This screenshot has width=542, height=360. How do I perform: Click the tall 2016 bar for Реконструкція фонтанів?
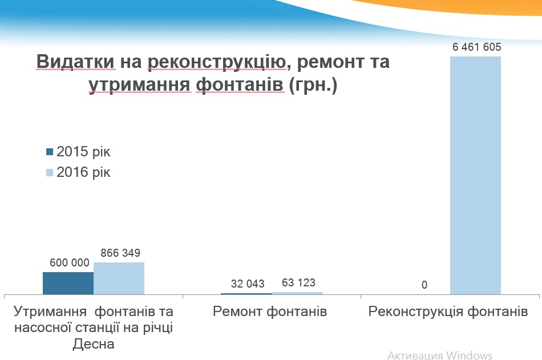tap(475, 175)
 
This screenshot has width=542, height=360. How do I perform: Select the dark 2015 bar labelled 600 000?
tap(68, 283)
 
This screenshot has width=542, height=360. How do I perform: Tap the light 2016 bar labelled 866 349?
tap(119, 278)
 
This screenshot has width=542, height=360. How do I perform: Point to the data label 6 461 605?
tap(476, 47)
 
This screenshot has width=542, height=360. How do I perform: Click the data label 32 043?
tap(248, 284)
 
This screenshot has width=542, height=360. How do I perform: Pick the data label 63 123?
tap(298, 282)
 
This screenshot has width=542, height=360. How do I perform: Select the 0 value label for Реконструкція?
tap(424, 285)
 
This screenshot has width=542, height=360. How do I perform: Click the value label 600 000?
tap(70, 263)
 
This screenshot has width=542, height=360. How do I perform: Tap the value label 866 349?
tap(120, 253)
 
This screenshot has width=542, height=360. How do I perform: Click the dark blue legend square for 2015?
tap(50, 152)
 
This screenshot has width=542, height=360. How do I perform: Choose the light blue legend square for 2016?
tap(50, 172)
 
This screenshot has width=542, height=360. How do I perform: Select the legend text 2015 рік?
tap(83, 152)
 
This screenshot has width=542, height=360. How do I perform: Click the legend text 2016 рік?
tap(83, 172)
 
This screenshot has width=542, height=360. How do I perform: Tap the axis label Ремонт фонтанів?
tap(270, 312)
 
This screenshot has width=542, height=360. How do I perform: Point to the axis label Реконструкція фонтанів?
tap(448, 312)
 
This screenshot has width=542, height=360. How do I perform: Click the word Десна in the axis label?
tap(94, 344)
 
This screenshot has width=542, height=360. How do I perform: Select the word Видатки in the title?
tap(75, 62)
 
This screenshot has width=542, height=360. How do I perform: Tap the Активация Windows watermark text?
tap(440, 355)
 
